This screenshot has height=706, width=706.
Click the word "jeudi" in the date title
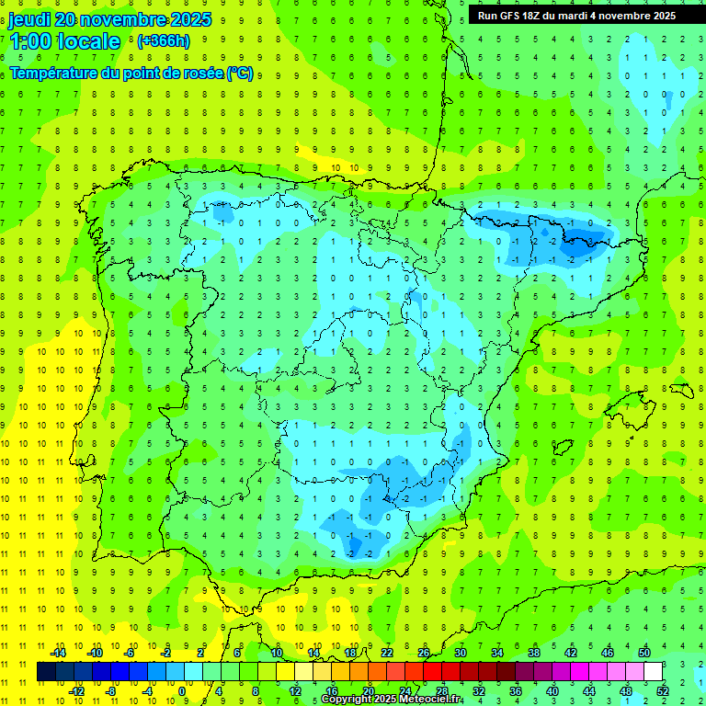29,19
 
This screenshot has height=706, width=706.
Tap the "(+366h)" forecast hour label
163,40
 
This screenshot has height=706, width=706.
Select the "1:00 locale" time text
64,41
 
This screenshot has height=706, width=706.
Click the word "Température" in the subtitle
54,74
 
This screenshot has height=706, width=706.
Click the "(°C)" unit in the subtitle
240,74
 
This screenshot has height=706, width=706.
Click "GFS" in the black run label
512,16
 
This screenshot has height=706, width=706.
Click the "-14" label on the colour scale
58,653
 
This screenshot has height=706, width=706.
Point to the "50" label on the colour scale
643,653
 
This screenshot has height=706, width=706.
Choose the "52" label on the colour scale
662,691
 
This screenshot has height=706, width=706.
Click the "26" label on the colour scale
424,653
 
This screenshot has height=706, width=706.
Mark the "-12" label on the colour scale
76,691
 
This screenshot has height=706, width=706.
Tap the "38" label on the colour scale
534,653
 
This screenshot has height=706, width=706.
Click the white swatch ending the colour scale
653,672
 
